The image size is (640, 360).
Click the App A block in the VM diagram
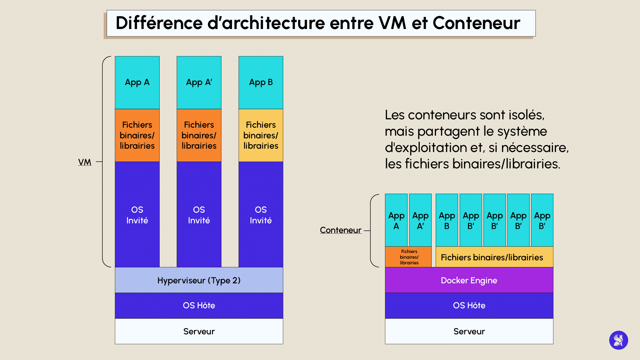click(x=137, y=82)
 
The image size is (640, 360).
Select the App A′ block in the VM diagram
click(x=199, y=82)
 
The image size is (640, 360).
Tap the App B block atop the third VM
click(x=261, y=82)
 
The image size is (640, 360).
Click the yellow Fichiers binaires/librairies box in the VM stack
click(x=261, y=135)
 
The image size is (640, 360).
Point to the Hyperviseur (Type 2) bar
click(x=199, y=280)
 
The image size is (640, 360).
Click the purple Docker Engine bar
click(x=469, y=280)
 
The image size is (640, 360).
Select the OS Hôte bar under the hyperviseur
click(x=199, y=306)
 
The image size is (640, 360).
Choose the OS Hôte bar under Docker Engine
click(x=469, y=306)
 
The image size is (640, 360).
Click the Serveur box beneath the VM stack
click(x=199, y=331)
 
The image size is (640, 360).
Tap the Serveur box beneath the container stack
click(x=469, y=331)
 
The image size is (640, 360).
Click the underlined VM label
click(x=85, y=162)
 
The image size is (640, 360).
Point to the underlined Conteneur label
click(x=340, y=230)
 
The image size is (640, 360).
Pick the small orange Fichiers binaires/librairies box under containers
click(x=409, y=257)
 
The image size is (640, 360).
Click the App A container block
click(x=396, y=220)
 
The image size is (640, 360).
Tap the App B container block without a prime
click(x=447, y=220)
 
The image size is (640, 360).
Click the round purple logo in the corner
click(x=618, y=340)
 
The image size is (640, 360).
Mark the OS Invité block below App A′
click(x=199, y=215)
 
